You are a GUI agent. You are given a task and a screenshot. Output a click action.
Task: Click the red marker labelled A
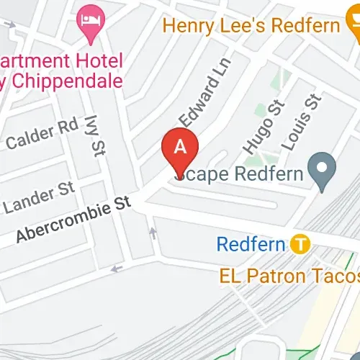coord(181,148)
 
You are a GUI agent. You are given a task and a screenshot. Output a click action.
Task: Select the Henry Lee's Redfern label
coord(251,26)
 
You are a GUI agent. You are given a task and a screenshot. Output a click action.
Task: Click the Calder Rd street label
coord(41,134)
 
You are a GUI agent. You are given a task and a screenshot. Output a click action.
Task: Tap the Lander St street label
coord(39,198)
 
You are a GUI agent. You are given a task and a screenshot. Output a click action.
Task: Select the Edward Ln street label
coord(199,99)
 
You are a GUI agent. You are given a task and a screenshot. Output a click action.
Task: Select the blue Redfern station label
coord(251,244)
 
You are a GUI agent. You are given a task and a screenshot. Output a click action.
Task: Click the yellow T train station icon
coord(301,244)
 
